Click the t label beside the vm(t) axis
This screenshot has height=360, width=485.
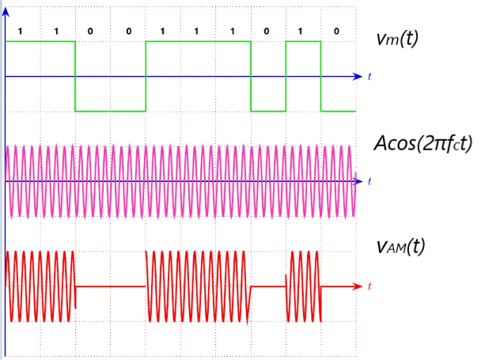tap(369, 77)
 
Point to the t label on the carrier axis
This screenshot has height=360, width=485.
tap(369, 181)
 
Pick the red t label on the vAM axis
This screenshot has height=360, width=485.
tap(369, 285)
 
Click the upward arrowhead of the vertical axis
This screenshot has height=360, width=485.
tap(6, 10)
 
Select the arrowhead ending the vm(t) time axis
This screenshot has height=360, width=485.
tap(357, 77)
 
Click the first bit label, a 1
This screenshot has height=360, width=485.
tap(19, 31)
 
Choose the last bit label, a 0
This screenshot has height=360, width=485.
tap(337, 31)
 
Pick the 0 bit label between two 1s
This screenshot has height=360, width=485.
tap(267, 31)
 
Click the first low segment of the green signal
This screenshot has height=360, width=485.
tap(110, 111)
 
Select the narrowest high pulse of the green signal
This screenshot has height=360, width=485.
tap(303, 41)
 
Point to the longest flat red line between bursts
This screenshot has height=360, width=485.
tap(110, 286)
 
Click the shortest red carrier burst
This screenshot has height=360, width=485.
tap(303, 286)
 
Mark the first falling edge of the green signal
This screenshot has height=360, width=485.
tap(75, 76)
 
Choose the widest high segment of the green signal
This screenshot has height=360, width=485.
tap(198, 41)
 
